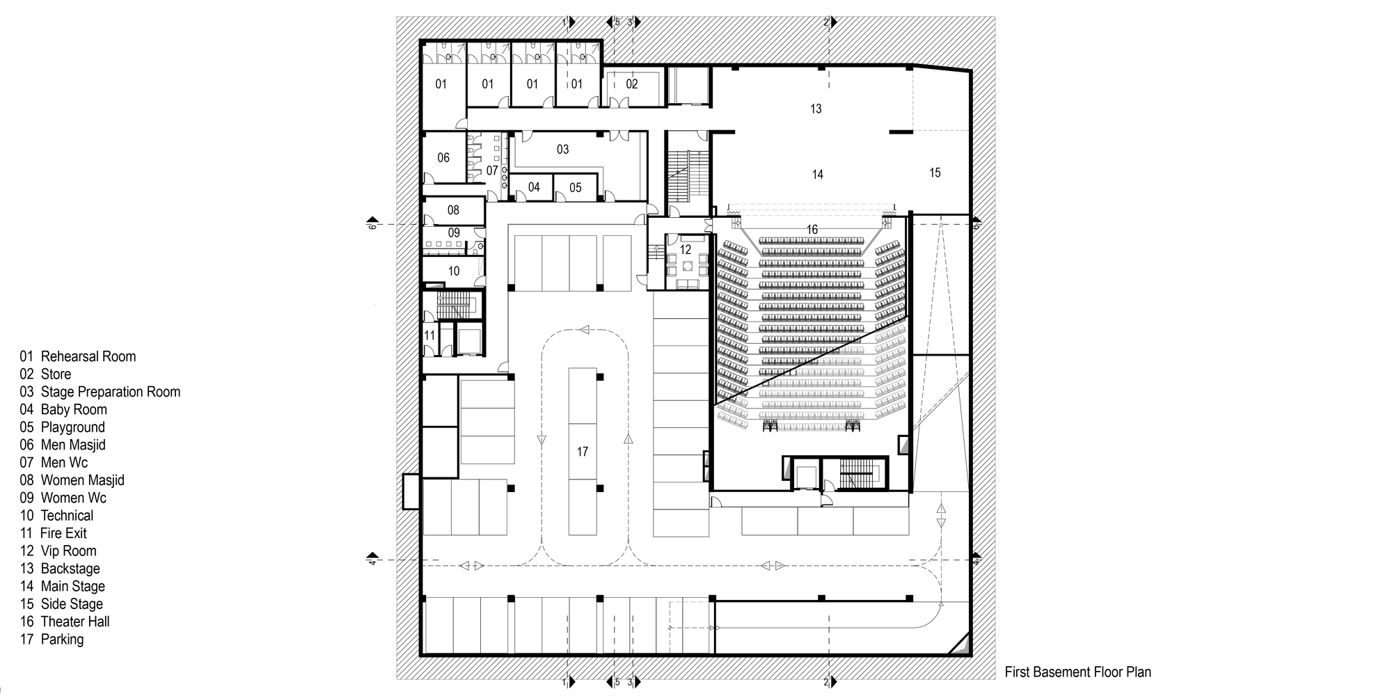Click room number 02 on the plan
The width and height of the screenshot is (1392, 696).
pyautogui.click(x=631, y=84)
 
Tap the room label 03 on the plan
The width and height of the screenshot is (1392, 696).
pyautogui.click(x=562, y=150)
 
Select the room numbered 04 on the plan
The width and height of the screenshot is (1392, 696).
pyautogui.click(x=534, y=187)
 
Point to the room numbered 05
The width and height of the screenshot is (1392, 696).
pyautogui.click(x=575, y=188)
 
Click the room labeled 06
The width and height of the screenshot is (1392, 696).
pyautogui.click(x=443, y=158)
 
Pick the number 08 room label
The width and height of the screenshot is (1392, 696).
pyautogui.click(x=453, y=210)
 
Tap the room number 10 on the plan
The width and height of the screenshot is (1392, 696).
pyautogui.click(x=454, y=271)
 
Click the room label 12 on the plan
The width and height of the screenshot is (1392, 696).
pyautogui.click(x=685, y=250)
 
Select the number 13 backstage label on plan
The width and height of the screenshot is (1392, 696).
pyautogui.click(x=816, y=109)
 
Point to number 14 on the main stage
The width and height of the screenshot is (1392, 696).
pyautogui.click(x=817, y=175)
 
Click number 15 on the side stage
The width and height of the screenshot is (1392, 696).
pyautogui.click(x=935, y=173)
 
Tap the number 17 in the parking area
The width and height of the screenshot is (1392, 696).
pyautogui.click(x=583, y=452)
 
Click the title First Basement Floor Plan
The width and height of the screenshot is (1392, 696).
pyautogui.click(x=1077, y=672)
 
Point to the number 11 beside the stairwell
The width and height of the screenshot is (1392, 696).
pyautogui.click(x=429, y=335)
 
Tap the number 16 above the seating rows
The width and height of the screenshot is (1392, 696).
pyautogui.click(x=812, y=230)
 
